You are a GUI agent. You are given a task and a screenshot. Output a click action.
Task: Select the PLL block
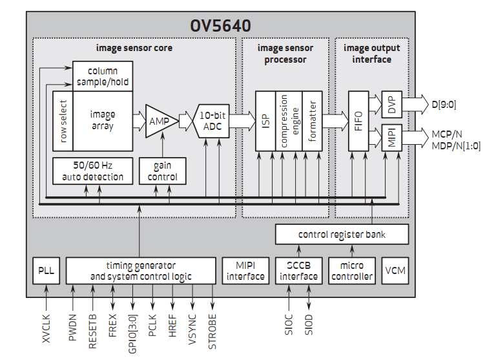(46, 271)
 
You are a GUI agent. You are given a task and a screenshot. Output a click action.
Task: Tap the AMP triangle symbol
(158, 121)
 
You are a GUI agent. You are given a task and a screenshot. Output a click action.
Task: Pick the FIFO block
(359, 121)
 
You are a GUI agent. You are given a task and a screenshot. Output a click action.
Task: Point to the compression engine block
(288, 121)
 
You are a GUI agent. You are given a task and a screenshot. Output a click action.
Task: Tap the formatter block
(312, 121)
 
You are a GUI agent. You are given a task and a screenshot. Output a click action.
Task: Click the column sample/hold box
(103, 76)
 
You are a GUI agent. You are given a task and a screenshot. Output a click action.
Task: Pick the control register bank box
(342, 234)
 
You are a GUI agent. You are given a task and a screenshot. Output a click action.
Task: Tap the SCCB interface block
(298, 271)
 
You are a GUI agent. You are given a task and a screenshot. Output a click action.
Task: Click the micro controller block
(351, 271)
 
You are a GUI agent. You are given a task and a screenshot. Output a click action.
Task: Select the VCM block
(395, 271)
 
